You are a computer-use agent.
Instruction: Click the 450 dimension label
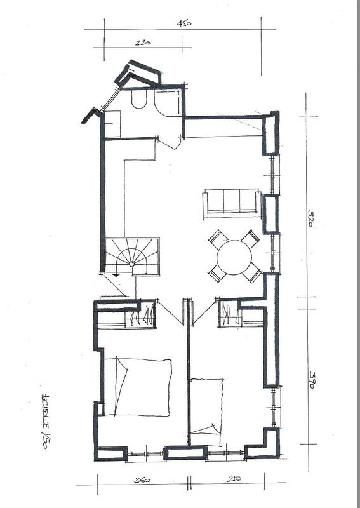click(184, 23)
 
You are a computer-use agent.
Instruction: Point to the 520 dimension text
click(312, 220)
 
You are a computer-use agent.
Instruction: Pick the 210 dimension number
click(236, 480)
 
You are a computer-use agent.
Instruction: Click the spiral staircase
click(132, 257)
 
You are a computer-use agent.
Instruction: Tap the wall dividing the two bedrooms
click(189, 381)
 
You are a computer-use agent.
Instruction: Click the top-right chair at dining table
click(251, 239)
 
